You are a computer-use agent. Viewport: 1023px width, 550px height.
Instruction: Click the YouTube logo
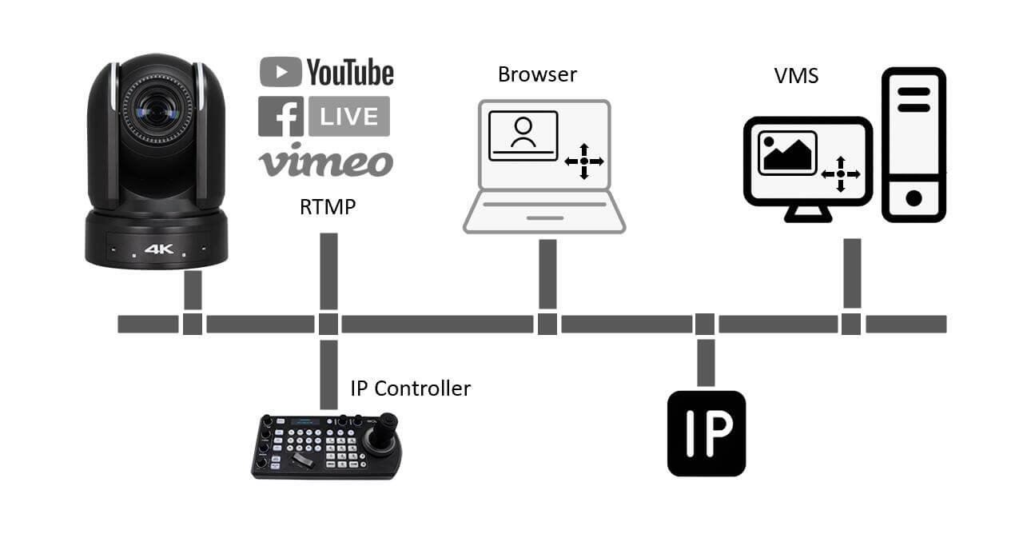(327, 73)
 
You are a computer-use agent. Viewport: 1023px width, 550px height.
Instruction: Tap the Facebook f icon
(281, 116)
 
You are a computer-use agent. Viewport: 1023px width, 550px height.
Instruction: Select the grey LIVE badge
(349, 116)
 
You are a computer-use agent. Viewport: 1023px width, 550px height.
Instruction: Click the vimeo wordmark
(325, 161)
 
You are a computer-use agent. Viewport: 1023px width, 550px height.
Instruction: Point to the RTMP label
(328, 208)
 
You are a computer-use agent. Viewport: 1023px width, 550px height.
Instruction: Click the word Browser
(537, 75)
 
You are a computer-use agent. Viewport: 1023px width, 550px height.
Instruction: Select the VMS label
(796, 76)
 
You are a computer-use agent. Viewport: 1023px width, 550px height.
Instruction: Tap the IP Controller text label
(411, 389)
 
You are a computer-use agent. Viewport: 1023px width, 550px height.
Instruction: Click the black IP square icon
(707, 433)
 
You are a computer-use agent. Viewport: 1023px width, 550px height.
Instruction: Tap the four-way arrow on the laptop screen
(584, 161)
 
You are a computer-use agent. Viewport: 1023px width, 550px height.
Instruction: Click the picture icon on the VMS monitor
(787, 152)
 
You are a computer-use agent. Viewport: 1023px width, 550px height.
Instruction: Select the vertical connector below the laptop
(547, 273)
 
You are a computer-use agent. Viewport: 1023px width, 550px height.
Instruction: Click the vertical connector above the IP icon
(705, 362)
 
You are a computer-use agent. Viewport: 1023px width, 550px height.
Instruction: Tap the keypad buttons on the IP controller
(324, 444)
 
